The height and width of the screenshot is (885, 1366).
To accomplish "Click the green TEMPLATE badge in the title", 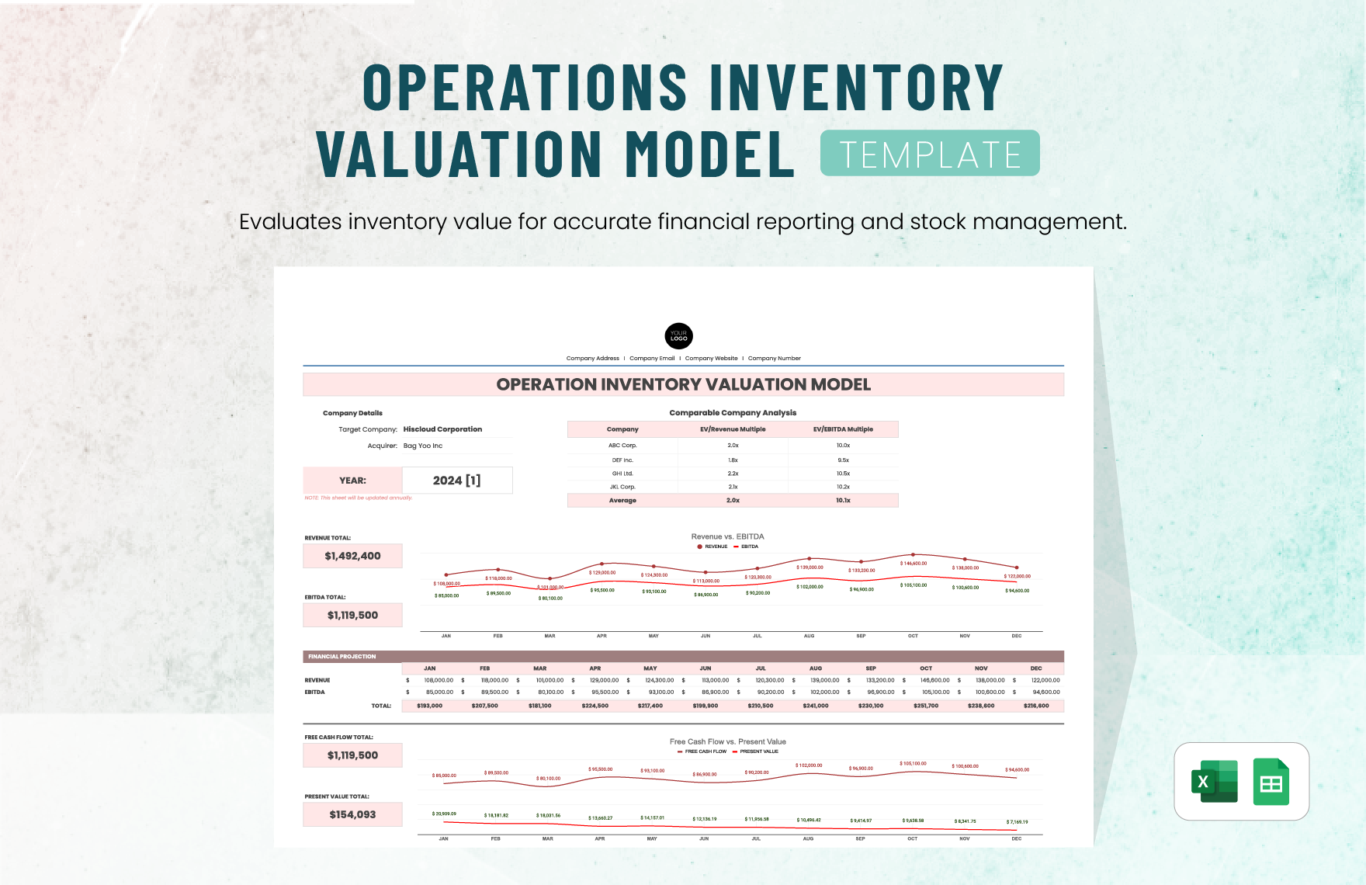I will (x=929, y=154).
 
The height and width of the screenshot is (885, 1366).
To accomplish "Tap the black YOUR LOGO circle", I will (x=678, y=336).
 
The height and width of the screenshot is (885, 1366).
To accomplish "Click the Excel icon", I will (x=1215, y=781).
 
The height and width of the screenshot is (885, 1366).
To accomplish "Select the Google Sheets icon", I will (x=1271, y=782).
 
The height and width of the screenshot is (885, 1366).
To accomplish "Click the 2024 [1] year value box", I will (x=456, y=481).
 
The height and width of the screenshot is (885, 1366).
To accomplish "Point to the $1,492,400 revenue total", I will (x=352, y=556).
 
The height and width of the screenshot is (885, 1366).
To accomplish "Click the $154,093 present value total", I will (x=352, y=814).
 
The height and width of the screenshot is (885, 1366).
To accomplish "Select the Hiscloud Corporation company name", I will (x=442, y=429).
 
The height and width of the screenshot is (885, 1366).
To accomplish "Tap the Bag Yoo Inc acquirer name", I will (x=423, y=446).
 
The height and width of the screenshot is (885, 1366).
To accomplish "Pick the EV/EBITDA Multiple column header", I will (x=843, y=429).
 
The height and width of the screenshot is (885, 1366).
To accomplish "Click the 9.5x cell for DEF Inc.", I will (x=843, y=460).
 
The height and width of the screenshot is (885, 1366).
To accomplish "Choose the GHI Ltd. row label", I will (x=622, y=474).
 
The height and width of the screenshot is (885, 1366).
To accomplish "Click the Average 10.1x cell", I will (x=843, y=501).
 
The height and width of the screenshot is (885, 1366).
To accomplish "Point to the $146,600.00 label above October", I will (x=914, y=564).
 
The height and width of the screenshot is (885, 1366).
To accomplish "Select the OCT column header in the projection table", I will (x=926, y=668).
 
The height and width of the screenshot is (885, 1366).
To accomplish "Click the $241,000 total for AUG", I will (x=816, y=706).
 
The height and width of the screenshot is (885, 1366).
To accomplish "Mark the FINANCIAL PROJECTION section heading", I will (x=342, y=657).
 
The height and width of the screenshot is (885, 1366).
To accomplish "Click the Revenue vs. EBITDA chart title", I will (x=727, y=536).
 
